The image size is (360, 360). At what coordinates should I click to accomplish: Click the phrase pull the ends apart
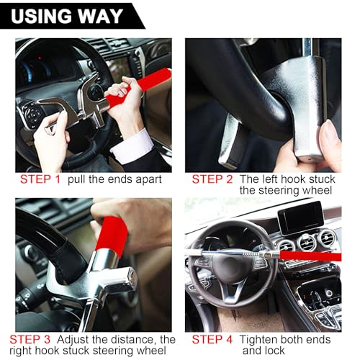point(114,179)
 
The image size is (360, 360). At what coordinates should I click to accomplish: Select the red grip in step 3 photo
point(111,234)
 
